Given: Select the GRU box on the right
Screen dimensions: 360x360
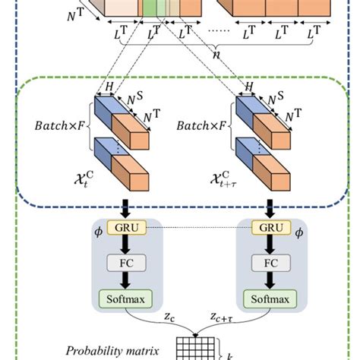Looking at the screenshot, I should coord(267,228).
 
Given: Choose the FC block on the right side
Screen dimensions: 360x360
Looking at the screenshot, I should coord(267,262).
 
